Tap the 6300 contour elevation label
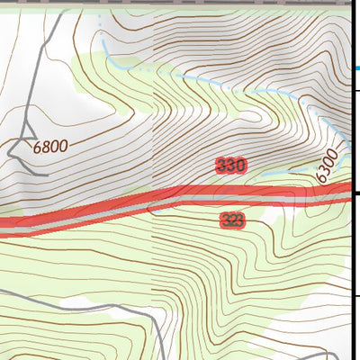pyautogui.click(x=328, y=166)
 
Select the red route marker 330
pyautogui.click(x=231, y=166)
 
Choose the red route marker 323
pyautogui.click(x=231, y=220)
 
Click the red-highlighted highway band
pyautogui.click(x=135, y=206)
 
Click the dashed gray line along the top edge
pyautogui.click(x=180, y=3)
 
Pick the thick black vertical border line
pyautogui.click(x=349, y=270)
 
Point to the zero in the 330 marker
pyautogui.click(x=240, y=166)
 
